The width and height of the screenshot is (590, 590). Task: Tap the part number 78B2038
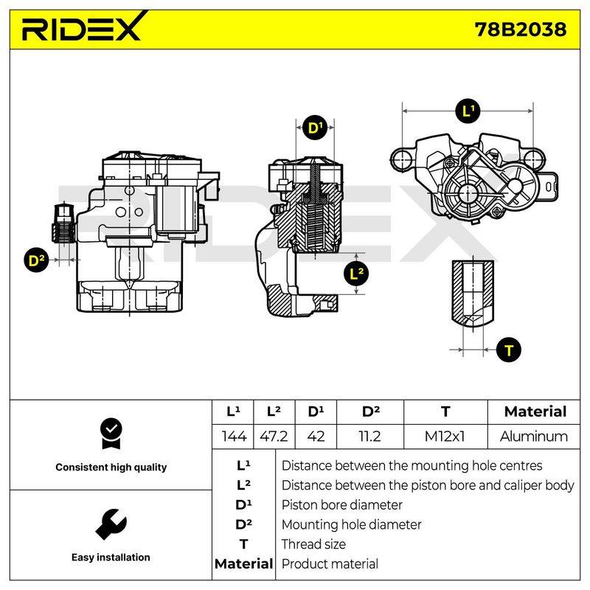(520, 29)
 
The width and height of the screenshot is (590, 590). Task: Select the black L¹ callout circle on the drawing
(468, 111)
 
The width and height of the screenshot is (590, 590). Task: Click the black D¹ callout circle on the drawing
(315, 128)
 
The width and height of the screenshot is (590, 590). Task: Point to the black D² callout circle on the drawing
(36, 260)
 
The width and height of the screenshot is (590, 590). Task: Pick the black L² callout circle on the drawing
(356, 274)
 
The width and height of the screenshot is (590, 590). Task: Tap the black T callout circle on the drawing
(509, 350)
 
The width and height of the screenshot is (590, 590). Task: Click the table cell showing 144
(234, 437)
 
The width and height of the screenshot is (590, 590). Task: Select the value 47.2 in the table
(274, 437)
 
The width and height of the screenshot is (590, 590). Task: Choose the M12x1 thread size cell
(445, 437)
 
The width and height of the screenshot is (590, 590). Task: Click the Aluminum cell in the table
(534, 437)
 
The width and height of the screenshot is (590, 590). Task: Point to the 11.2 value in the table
(370, 437)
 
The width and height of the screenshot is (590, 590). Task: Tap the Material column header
(535, 412)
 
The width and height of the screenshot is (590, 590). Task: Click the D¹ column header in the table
(316, 412)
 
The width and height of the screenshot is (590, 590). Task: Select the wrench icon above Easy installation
(111, 524)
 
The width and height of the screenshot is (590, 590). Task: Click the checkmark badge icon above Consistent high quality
(111, 434)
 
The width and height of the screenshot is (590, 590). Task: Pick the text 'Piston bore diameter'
(341, 505)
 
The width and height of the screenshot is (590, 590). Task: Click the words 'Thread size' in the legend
(313, 544)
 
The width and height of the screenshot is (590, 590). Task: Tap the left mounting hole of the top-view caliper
(402, 159)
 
